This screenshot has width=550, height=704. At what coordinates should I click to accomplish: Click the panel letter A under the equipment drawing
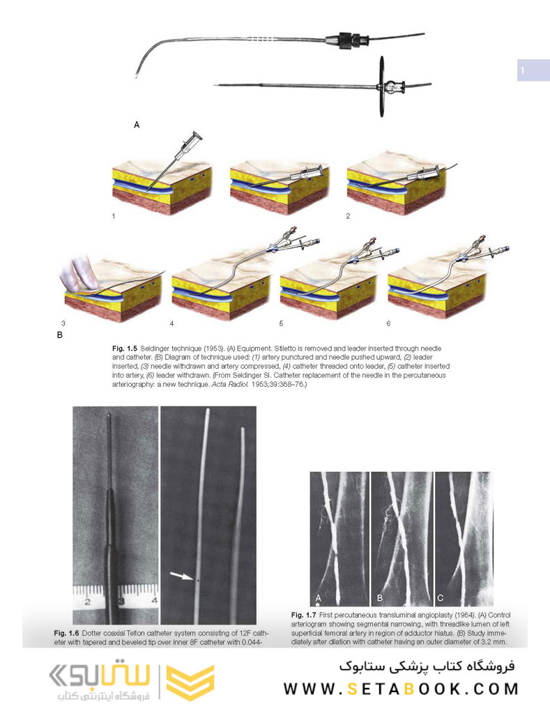137,125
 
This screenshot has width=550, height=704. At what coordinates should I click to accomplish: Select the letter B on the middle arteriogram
380,598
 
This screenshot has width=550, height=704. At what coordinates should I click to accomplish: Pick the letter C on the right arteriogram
439,598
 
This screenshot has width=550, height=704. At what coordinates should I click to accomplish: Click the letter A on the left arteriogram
319,598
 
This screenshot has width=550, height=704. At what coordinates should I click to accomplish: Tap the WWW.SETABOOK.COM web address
401,689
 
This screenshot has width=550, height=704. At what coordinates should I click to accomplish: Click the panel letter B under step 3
60,335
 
